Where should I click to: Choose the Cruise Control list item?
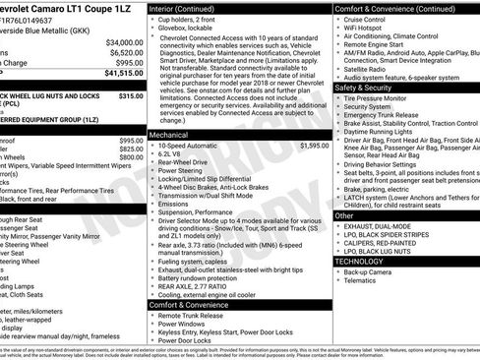tap(369, 19)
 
